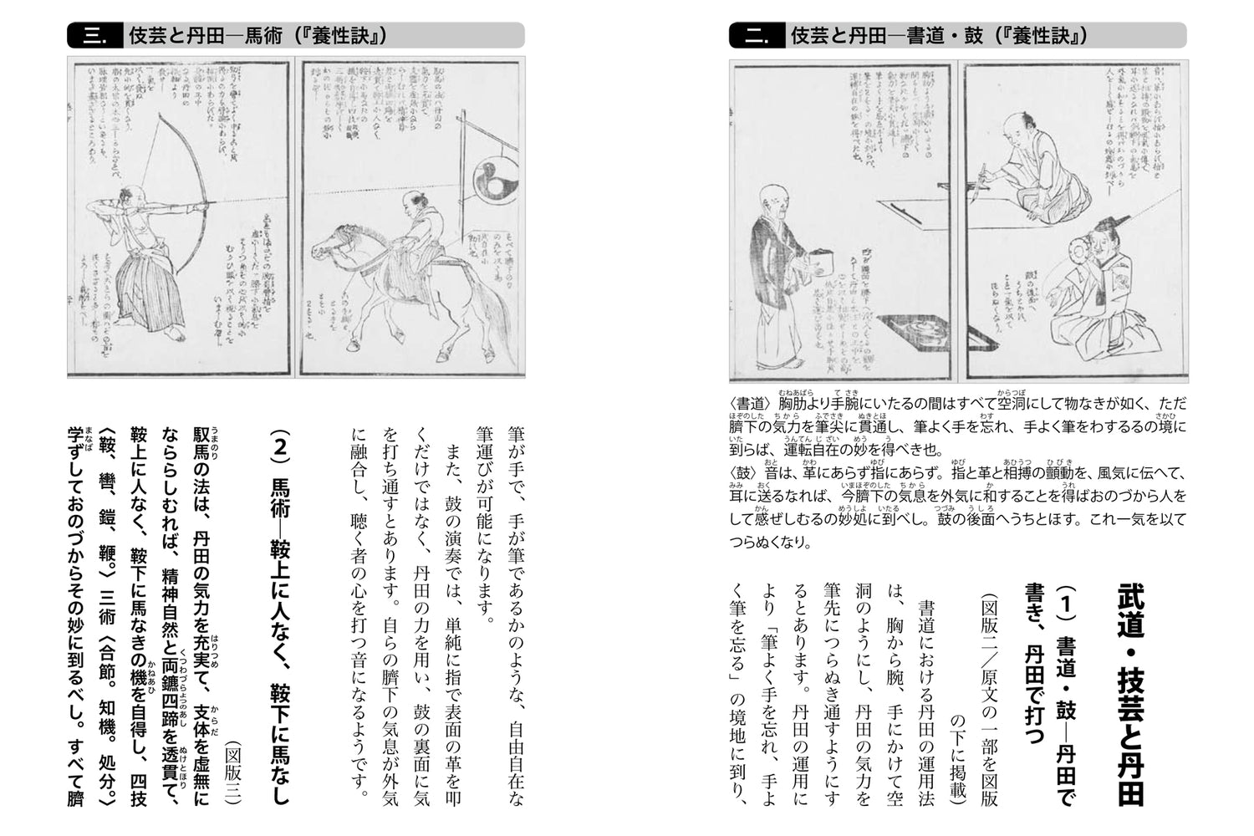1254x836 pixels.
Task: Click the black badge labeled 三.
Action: [94, 36]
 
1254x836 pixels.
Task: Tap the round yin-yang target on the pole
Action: [494, 177]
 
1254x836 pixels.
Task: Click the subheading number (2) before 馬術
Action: [282, 446]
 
